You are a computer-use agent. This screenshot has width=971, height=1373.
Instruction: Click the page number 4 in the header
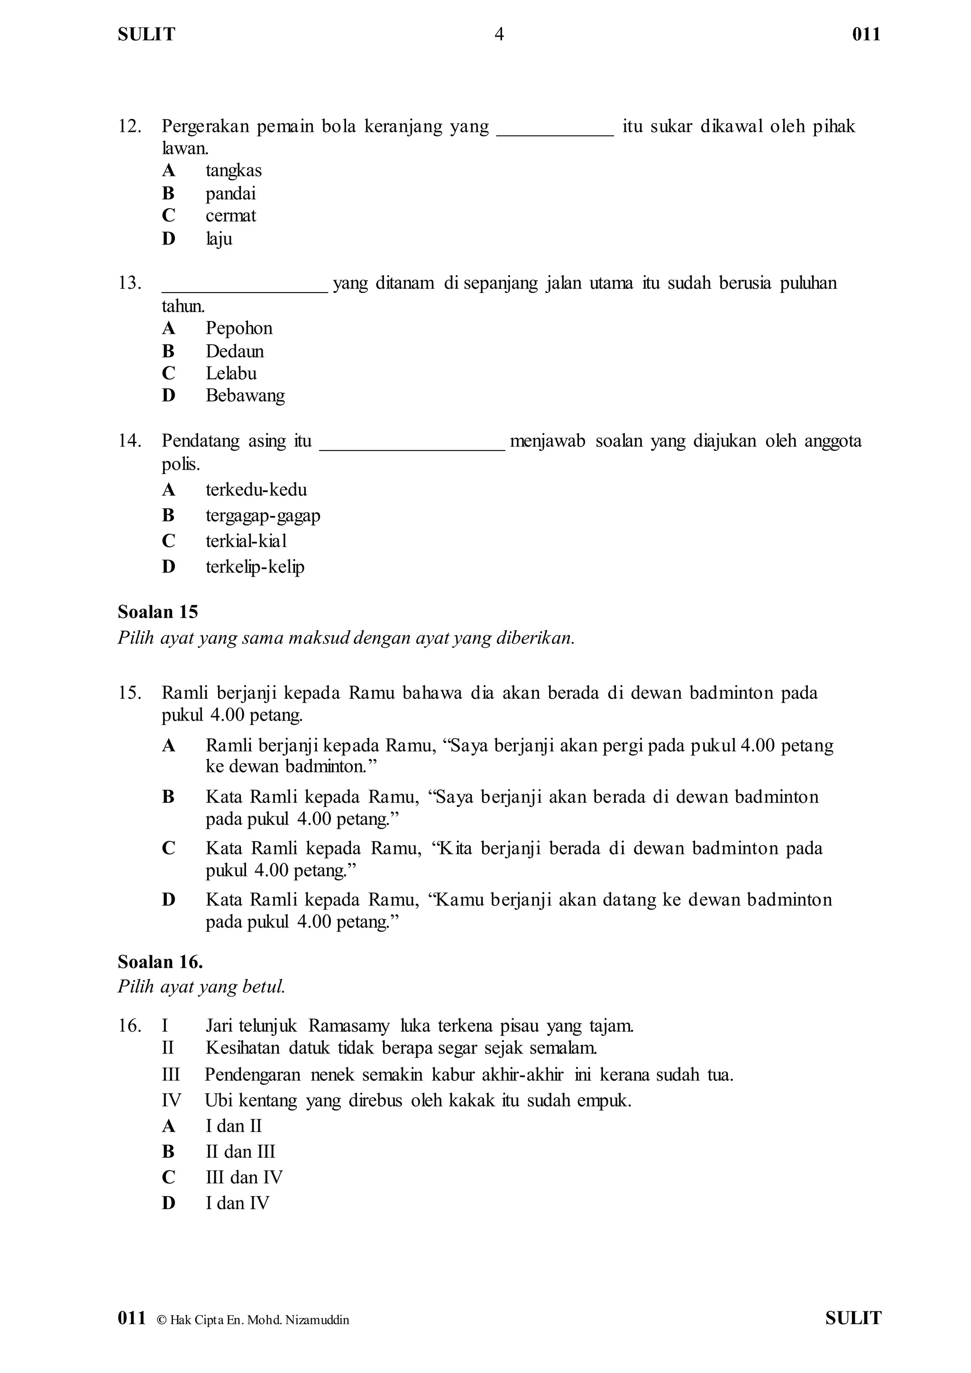(499, 35)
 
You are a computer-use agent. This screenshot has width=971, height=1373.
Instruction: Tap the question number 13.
(129, 283)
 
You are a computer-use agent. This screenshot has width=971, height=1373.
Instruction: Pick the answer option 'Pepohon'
(238, 328)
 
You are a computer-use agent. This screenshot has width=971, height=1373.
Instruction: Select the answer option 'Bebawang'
(245, 395)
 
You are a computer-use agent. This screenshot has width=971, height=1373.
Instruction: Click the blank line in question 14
(412, 447)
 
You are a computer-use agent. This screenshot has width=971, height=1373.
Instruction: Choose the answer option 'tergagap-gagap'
(263, 515)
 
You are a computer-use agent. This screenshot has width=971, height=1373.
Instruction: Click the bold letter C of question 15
(169, 848)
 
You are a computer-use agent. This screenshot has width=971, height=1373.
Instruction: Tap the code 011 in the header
(866, 35)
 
